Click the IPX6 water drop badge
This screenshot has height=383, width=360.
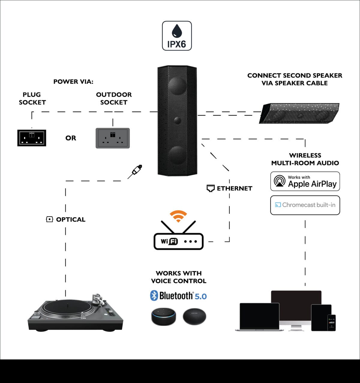point(177,36)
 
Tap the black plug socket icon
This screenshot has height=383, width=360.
point(31,138)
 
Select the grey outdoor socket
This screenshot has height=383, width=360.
point(112,138)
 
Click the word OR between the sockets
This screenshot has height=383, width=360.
point(71,138)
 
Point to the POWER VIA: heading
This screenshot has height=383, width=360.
point(73,82)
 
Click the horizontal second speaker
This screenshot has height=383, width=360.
point(299,114)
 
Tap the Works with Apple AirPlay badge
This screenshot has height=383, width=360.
point(305,181)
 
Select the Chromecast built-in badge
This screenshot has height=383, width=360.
point(305,205)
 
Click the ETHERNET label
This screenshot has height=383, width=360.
point(234,188)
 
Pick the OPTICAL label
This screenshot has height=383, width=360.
point(70,219)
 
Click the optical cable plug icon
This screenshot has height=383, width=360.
point(135,171)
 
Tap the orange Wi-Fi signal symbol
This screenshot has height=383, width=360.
point(178,216)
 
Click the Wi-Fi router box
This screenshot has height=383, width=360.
point(178,241)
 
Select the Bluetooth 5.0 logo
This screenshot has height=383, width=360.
point(178,296)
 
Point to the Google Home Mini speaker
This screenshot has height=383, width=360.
point(194,316)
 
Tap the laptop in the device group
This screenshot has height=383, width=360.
point(259,316)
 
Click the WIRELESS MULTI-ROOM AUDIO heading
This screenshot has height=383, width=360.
point(305,159)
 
